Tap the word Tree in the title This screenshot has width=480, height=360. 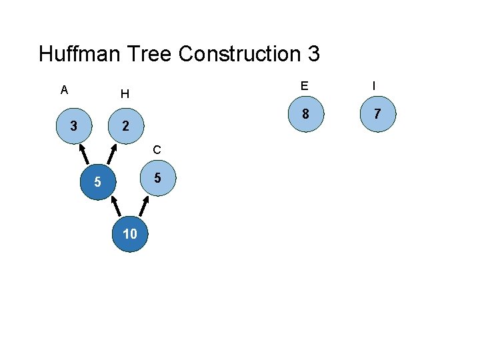153,53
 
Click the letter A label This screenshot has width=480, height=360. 64,90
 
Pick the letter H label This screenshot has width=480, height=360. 125,94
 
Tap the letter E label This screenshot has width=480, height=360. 304,86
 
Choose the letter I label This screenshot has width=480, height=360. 374,86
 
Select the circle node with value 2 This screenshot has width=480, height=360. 124,126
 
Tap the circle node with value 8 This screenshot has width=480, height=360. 305,114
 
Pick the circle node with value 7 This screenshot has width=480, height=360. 377,114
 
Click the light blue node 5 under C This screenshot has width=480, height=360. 157,178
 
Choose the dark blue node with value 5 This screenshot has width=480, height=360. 97,181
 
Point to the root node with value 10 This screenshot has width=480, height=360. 129,233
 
